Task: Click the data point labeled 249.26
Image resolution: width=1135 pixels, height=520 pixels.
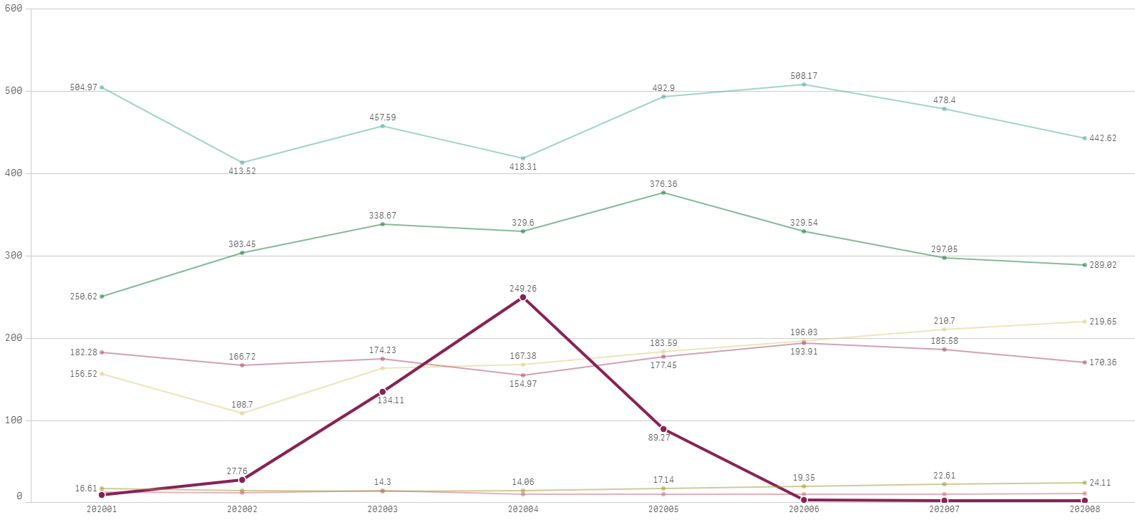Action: click(x=523, y=297)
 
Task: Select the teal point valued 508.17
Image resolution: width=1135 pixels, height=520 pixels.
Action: click(x=804, y=85)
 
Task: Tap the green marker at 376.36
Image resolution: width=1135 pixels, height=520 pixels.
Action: click(x=663, y=193)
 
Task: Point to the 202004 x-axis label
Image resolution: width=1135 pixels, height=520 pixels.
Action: click(x=523, y=509)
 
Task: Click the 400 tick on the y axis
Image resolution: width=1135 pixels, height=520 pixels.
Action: click(x=14, y=173)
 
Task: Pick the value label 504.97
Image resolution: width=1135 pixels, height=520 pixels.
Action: click(x=84, y=87)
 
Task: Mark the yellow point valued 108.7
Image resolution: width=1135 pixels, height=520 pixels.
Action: click(x=242, y=413)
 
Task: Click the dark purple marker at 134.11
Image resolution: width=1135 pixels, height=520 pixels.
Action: click(x=383, y=392)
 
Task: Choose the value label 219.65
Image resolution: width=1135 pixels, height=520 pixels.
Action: click(x=1103, y=322)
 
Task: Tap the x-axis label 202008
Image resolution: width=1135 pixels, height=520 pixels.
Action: click(x=1084, y=509)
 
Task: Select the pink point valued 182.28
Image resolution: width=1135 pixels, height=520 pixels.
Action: click(x=102, y=352)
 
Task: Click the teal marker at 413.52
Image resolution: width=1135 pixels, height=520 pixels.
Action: click(x=242, y=163)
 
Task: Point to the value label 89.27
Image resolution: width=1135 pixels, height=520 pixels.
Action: click(x=659, y=438)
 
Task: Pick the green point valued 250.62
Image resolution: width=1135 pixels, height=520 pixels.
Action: click(x=102, y=297)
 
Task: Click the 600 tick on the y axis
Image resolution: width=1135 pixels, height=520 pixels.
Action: click(x=14, y=9)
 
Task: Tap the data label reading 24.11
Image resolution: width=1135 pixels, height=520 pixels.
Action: click(x=1100, y=483)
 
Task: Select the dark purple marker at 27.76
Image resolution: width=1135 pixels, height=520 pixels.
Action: click(x=242, y=480)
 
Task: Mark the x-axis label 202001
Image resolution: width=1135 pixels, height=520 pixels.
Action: click(x=102, y=509)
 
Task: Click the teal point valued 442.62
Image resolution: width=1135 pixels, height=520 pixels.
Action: click(x=1084, y=138)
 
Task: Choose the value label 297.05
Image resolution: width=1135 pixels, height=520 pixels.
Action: click(x=944, y=249)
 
